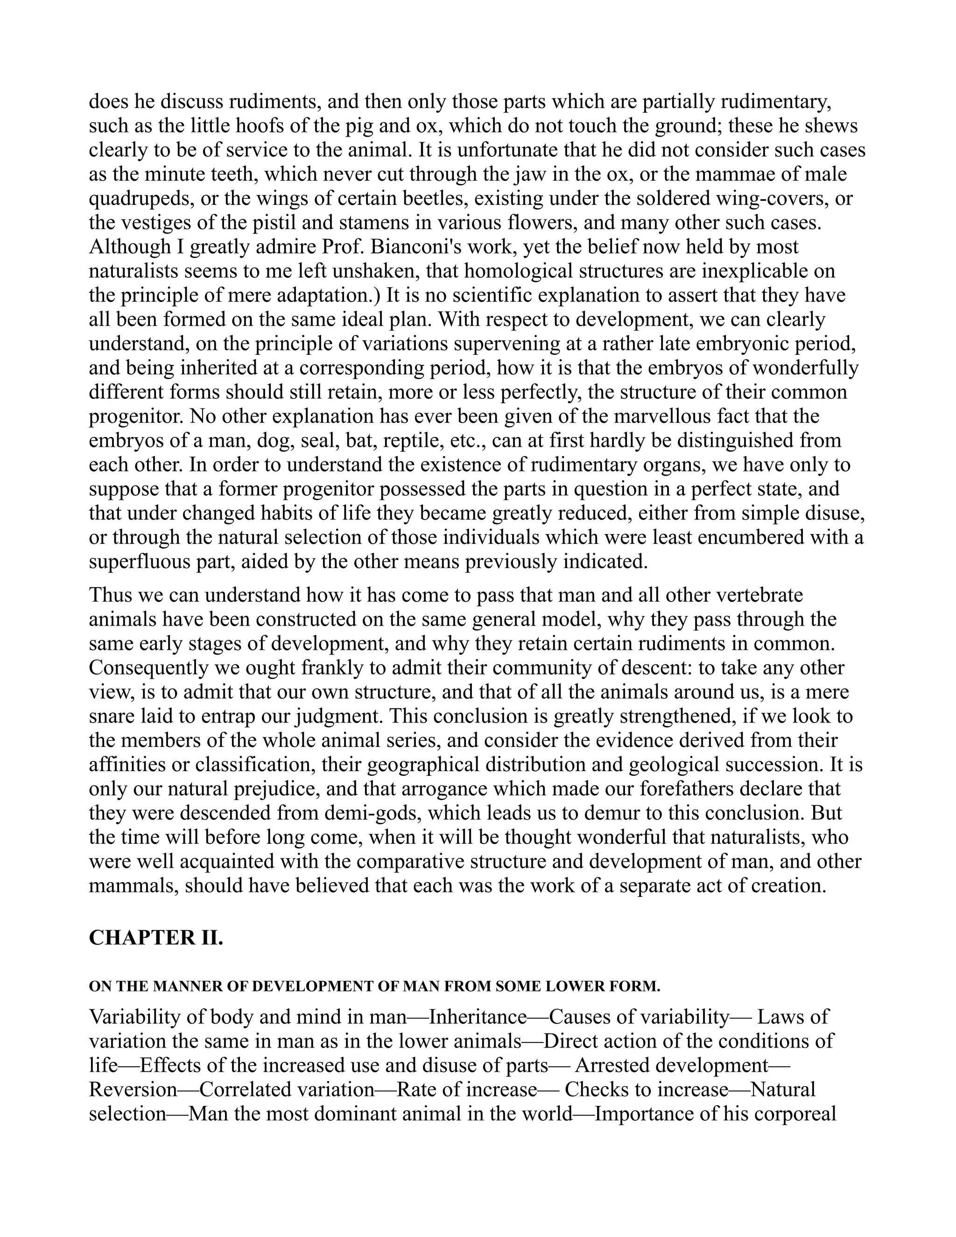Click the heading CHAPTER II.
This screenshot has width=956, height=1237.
[x=156, y=937]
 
